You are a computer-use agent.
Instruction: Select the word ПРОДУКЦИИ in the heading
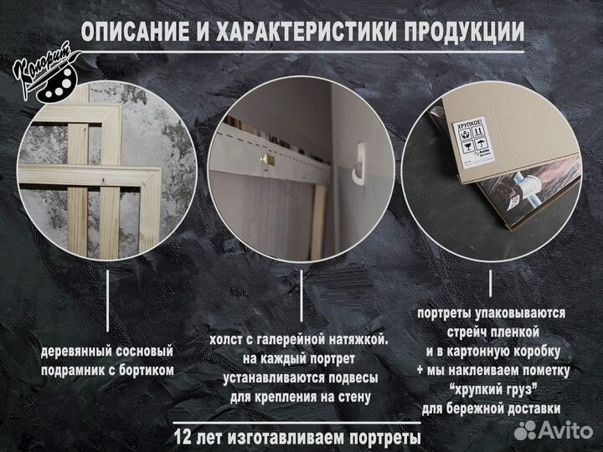pyautogui.click(x=466, y=33)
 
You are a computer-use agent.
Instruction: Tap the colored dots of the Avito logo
pyautogui.click(x=526, y=430)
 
